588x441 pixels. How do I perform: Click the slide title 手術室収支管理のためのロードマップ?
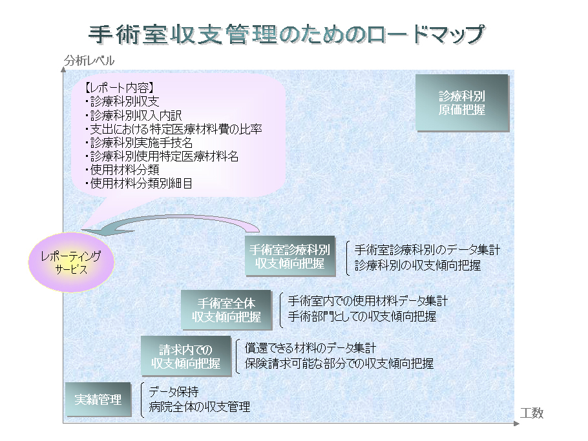(287, 34)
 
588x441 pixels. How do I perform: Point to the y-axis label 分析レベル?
(89, 60)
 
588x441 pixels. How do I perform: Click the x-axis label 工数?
(532, 413)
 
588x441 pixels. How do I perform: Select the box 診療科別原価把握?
(462, 103)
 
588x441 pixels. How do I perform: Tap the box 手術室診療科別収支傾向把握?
(290, 256)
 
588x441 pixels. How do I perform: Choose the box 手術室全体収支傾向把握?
(227, 310)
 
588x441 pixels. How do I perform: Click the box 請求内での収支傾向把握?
(186, 356)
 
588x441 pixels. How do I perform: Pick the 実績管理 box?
(98, 400)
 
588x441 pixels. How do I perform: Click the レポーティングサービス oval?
(71, 262)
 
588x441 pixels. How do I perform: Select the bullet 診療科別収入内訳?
(134, 115)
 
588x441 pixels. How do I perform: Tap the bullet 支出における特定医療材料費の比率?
(173, 129)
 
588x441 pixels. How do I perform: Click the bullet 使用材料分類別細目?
(139, 183)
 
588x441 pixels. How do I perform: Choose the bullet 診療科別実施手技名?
(139, 143)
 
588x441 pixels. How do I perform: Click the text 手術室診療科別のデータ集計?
(428, 249)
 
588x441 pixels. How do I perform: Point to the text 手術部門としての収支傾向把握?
(362, 316)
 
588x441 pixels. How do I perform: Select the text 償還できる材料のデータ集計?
(310, 348)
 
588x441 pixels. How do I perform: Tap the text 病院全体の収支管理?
(200, 407)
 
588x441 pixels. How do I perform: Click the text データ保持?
(174, 392)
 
